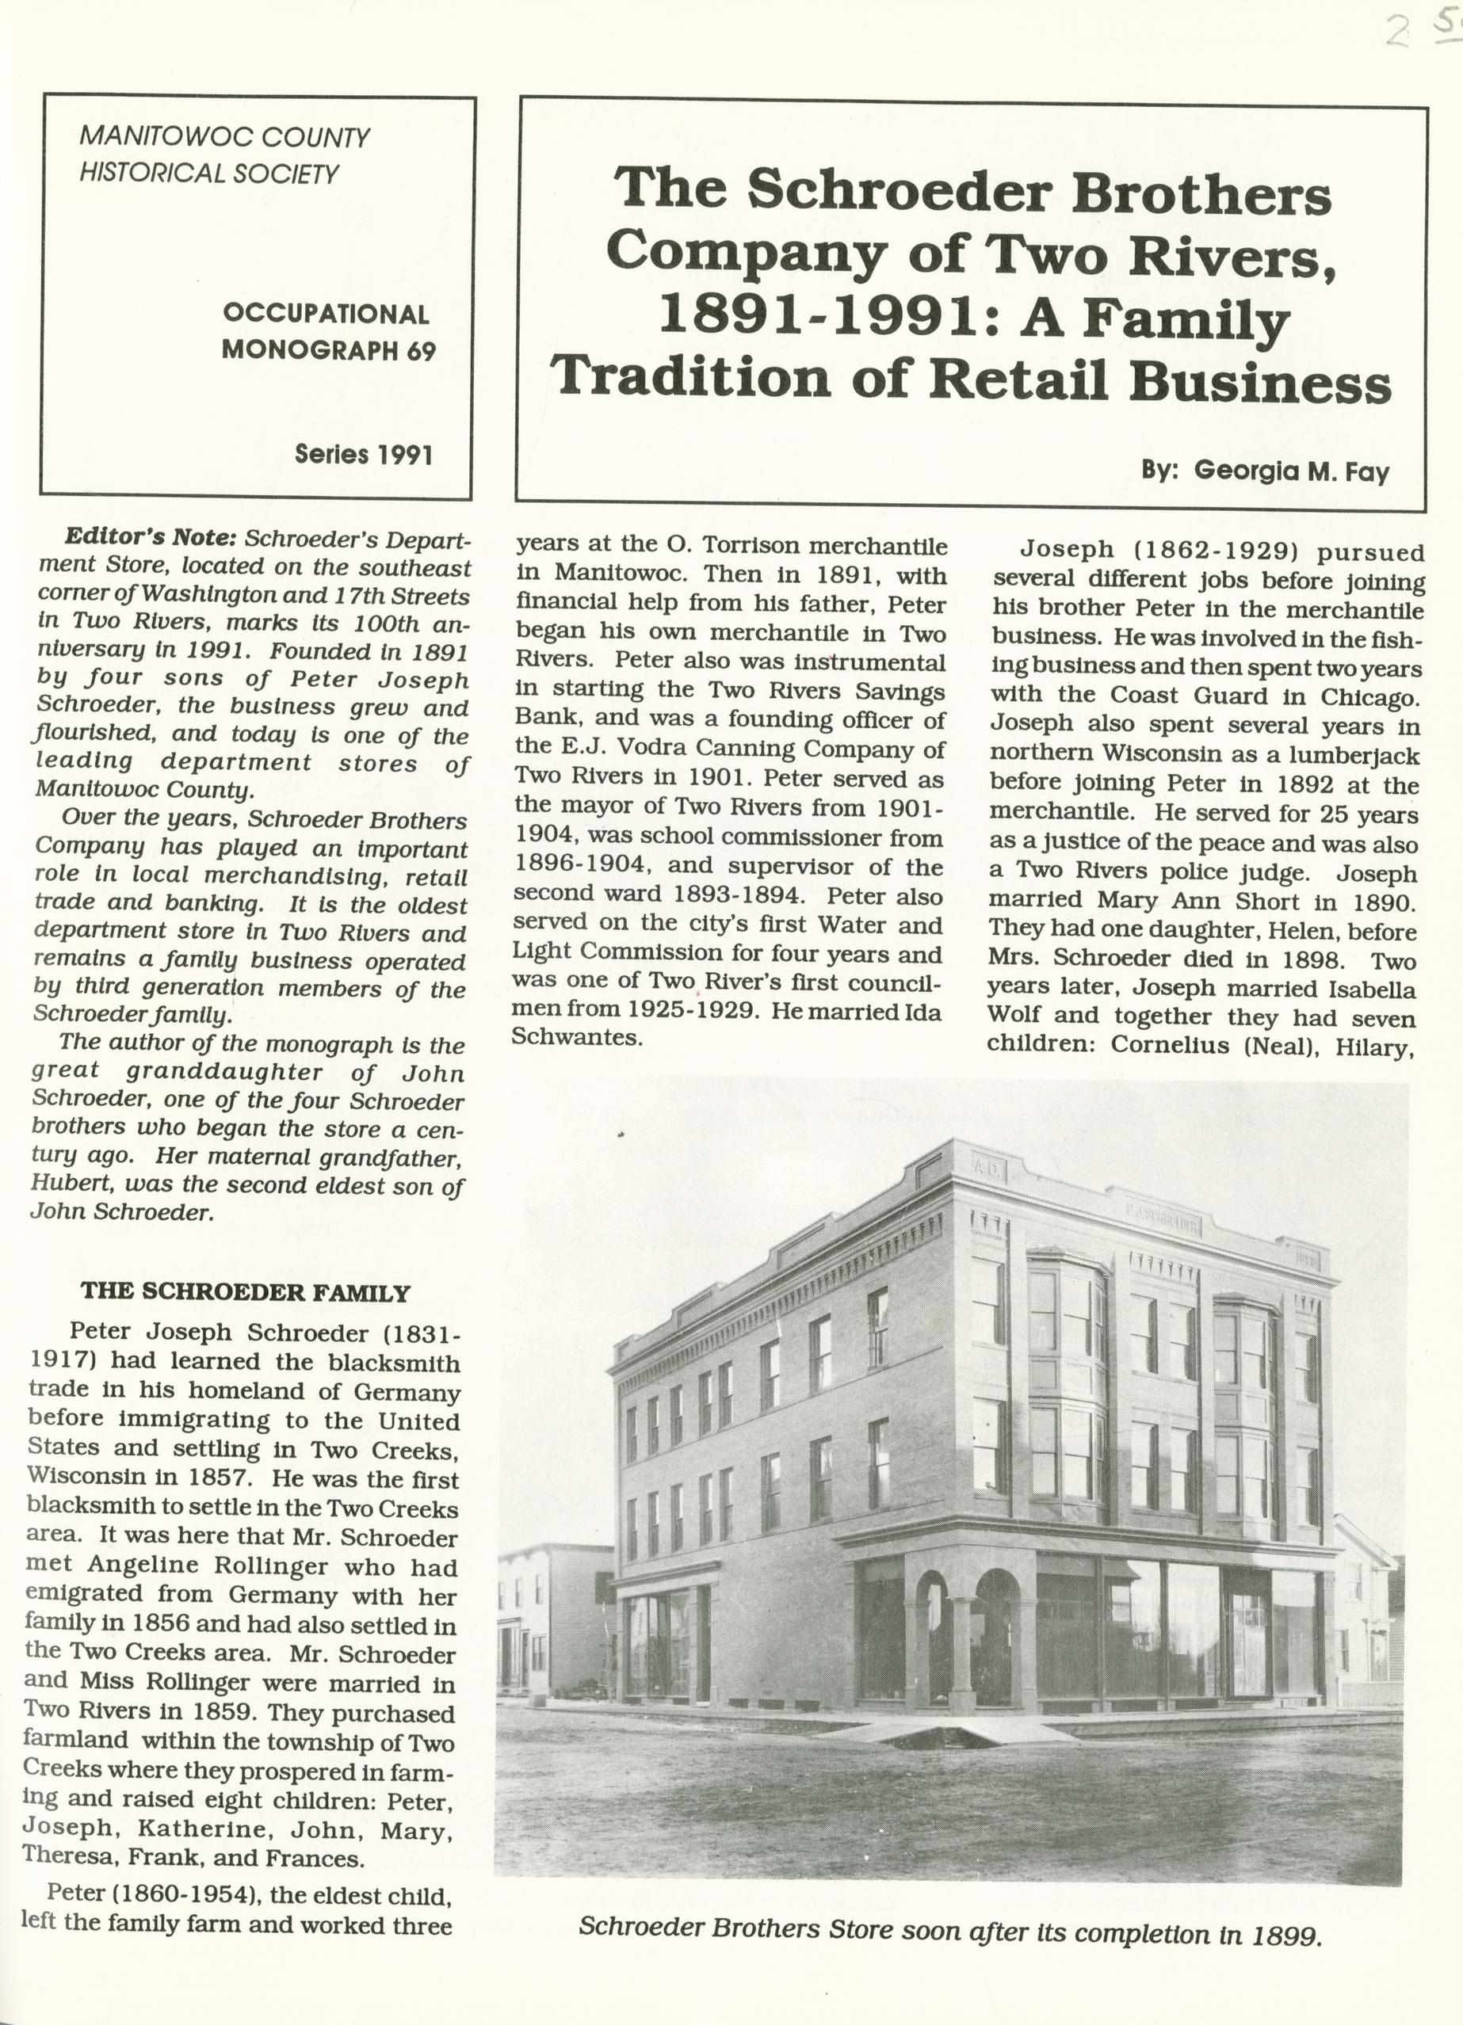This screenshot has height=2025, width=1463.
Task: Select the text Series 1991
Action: pyautogui.click(x=364, y=455)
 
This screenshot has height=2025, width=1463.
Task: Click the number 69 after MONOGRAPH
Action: pyautogui.click(x=422, y=350)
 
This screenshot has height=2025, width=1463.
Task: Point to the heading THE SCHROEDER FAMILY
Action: pyautogui.click(x=245, y=1292)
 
